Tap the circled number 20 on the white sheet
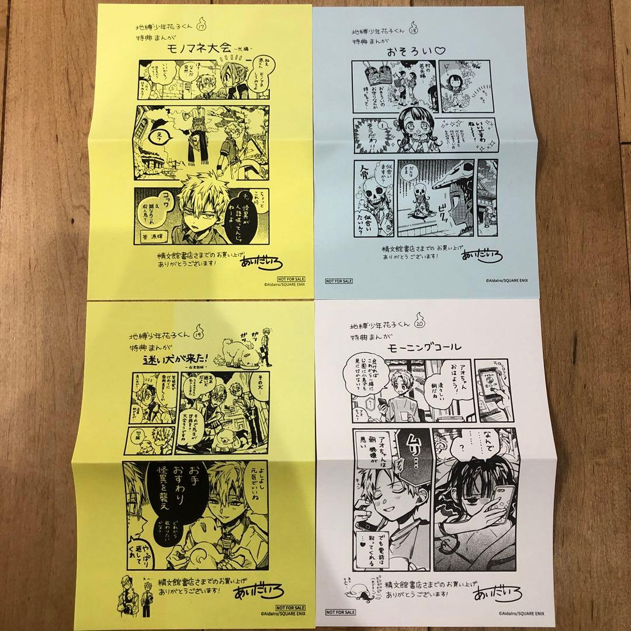pos(419,322)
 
